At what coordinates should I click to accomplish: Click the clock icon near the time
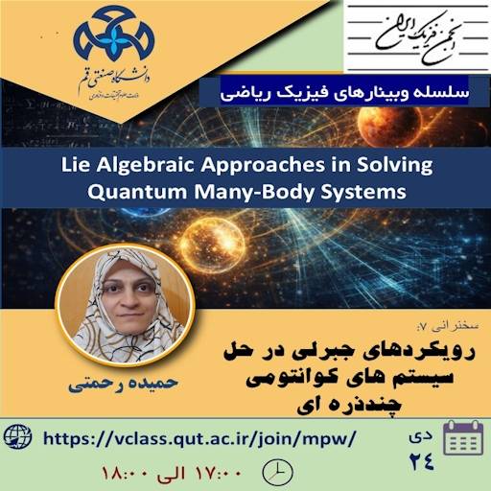pyautogui.click(x=275, y=472)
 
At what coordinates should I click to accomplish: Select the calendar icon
pyautogui.click(x=464, y=441)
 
